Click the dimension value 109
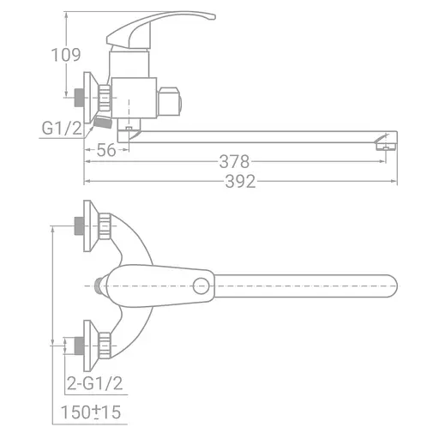coord(66,55)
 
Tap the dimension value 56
coord(106,151)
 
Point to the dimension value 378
coord(233,161)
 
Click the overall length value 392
coord(239,181)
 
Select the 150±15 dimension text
coord(93,412)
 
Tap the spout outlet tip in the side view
coord(386,144)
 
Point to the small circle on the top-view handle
coord(204,284)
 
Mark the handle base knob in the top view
coord(102,284)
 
